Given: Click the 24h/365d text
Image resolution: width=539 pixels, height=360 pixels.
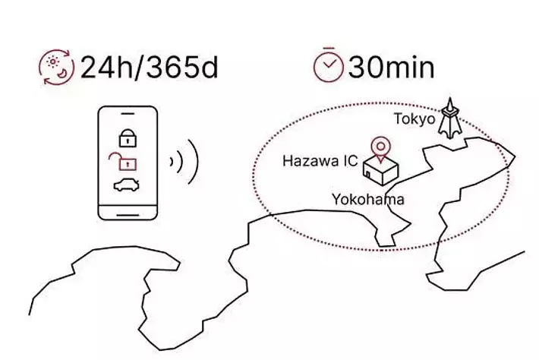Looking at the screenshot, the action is pyautogui.click(x=150, y=67).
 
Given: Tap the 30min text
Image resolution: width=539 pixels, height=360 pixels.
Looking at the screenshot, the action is pyautogui.click(x=391, y=67).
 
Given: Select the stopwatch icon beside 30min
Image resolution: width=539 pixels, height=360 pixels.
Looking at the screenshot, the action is pyautogui.click(x=329, y=65).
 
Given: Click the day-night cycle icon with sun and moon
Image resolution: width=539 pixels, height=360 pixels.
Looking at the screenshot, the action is pyautogui.click(x=56, y=67).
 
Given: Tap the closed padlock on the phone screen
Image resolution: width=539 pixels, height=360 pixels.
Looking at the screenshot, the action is pyautogui.click(x=128, y=138).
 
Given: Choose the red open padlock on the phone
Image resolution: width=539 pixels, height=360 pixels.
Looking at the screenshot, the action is pyautogui.click(x=123, y=162).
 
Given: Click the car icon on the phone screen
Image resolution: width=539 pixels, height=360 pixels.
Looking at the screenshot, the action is pyautogui.click(x=127, y=185).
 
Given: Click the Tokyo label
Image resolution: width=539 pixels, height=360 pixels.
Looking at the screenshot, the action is pyautogui.click(x=414, y=119).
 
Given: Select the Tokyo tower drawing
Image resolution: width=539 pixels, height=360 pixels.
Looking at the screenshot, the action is pyautogui.click(x=450, y=118).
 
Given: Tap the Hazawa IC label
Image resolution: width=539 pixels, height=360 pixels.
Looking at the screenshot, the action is pyautogui.click(x=320, y=161).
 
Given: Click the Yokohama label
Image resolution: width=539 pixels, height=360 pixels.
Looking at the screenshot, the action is pyautogui.click(x=368, y=200).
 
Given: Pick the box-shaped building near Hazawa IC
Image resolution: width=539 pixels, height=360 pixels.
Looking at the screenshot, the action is pyautogui.click(x=381, y=171).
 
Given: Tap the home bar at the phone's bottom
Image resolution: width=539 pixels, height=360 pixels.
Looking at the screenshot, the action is pyautogui.click(x=128, y=215).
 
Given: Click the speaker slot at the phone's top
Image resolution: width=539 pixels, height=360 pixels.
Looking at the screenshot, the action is pyautogui.click(x=128, y=113).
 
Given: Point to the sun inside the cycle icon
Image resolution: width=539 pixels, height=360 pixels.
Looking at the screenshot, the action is pyautogui.click(x=53, y=62).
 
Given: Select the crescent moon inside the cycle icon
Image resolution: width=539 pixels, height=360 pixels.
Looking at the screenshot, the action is pyautogui.click(x=62, y=74).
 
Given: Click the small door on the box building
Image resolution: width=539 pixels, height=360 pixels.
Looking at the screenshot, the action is pyautogui.click(x=368, y=175).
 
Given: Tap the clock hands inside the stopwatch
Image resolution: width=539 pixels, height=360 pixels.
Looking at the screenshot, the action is pyautogui.click(x=329, y=65).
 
